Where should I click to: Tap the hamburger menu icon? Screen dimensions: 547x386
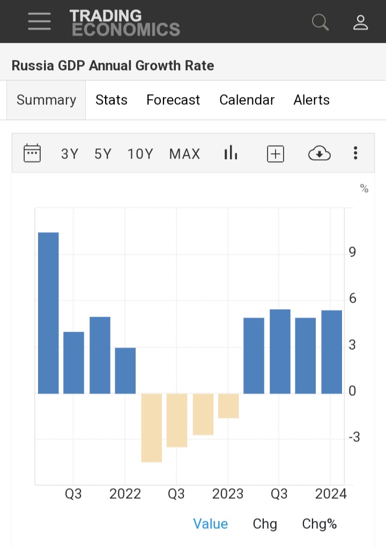click(39, 21)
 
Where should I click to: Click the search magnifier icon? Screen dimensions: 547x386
click(320, 22)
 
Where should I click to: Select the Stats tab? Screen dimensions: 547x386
click(112, 100)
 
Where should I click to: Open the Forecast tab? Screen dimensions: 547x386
click(173, 100)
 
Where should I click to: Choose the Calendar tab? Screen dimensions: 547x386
click(247, 100)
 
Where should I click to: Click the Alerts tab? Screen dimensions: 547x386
click(311, 100)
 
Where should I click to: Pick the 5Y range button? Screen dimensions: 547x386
click(103, 154)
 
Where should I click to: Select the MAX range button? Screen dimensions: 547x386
click(184, 154)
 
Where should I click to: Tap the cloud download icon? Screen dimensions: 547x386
click(320, 154)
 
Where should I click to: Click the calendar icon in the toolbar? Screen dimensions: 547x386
click(32, 154)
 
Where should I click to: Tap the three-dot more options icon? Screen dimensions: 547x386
click(355, 154)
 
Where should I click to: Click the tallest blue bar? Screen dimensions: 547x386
click(48, 313)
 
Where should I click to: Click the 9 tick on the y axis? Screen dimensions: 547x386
click(352, 252)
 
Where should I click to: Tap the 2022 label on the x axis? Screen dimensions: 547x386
click(125, 494)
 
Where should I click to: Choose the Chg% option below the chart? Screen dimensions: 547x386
click(320, 524)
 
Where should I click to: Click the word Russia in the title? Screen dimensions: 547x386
click(31, 66)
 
